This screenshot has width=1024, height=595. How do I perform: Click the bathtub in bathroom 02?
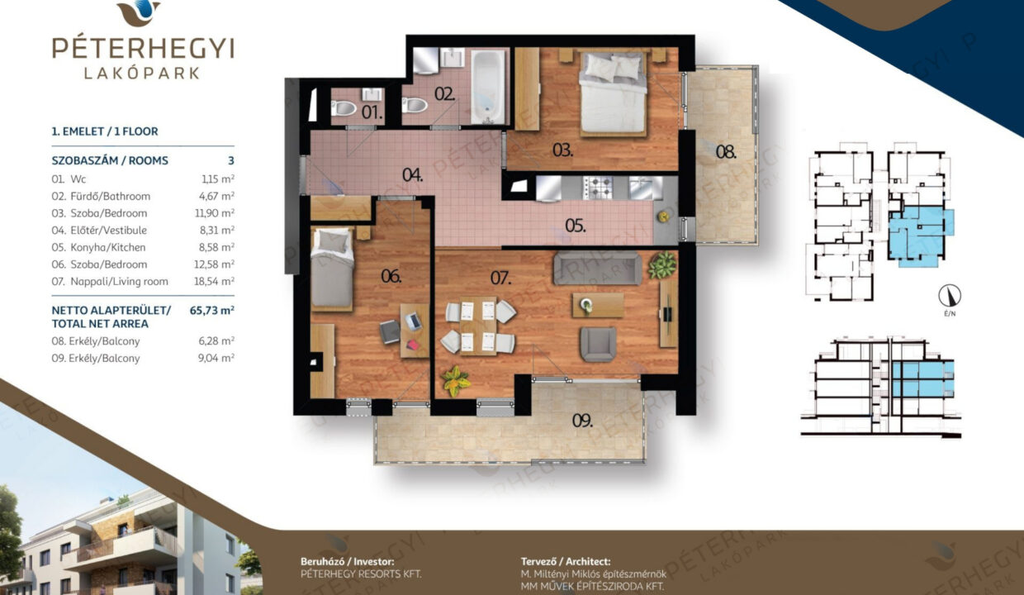pyautogui.click(x=488, y=87)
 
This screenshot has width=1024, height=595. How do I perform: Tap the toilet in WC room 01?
pyautogui.click(x=344, y=108)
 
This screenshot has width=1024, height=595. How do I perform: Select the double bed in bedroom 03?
pyautogui.click(x=613, y=94)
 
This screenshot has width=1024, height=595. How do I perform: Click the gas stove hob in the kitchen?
pyautogui.click(x=598, y=188)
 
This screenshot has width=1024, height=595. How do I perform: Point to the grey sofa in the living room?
pyautogui.click(x=598, y=268)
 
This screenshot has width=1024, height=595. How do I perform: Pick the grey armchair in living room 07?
pyautogui.click(x=598, y=344)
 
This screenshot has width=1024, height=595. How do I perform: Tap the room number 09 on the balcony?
pyautogui.click(x=582, y=421)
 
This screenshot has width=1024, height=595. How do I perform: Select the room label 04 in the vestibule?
pyautogui.click(x=412, y=174)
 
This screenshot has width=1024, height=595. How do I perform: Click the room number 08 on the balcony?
pyautogui.click(x=726, y=151)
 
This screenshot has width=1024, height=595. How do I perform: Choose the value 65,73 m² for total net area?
pyautogui.click(x=212, y=310)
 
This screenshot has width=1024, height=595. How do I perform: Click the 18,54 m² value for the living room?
pyautogui.click(x=214, y=281)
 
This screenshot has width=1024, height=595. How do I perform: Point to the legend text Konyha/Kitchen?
pyautogui.click(x=108, y=247)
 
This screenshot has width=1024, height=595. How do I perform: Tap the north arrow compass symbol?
pyautogui.click(x=950, y=296)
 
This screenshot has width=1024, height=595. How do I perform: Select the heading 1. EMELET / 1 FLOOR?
pyautogui.click(x=105, y=131)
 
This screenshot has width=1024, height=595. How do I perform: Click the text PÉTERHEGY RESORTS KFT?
pyautogui.click(x=361, y=574)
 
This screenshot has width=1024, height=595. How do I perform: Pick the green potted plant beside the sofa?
pyautogui.click(x=661, y=265)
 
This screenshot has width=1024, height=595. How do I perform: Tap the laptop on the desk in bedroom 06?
pyautogui.click(x=413, y=321)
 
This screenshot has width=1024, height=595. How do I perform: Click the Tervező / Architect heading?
pyautogui.click(x=566, y=561)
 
